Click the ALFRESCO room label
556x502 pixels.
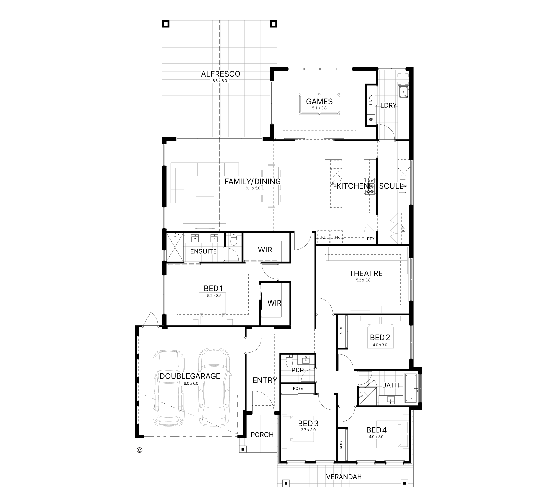220,74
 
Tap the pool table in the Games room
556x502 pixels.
319,104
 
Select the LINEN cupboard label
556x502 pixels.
371,100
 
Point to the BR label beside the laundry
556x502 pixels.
371,120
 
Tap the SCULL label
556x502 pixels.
391,186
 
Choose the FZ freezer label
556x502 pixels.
323,237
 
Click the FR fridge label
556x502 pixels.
337,237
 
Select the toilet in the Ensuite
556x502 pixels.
233,240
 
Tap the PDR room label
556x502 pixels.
298,370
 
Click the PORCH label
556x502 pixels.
262,435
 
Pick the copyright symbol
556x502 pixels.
139,450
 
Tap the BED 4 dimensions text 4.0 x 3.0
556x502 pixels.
376,437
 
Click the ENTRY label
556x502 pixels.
265,380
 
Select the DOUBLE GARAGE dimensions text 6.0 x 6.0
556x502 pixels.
191,383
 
